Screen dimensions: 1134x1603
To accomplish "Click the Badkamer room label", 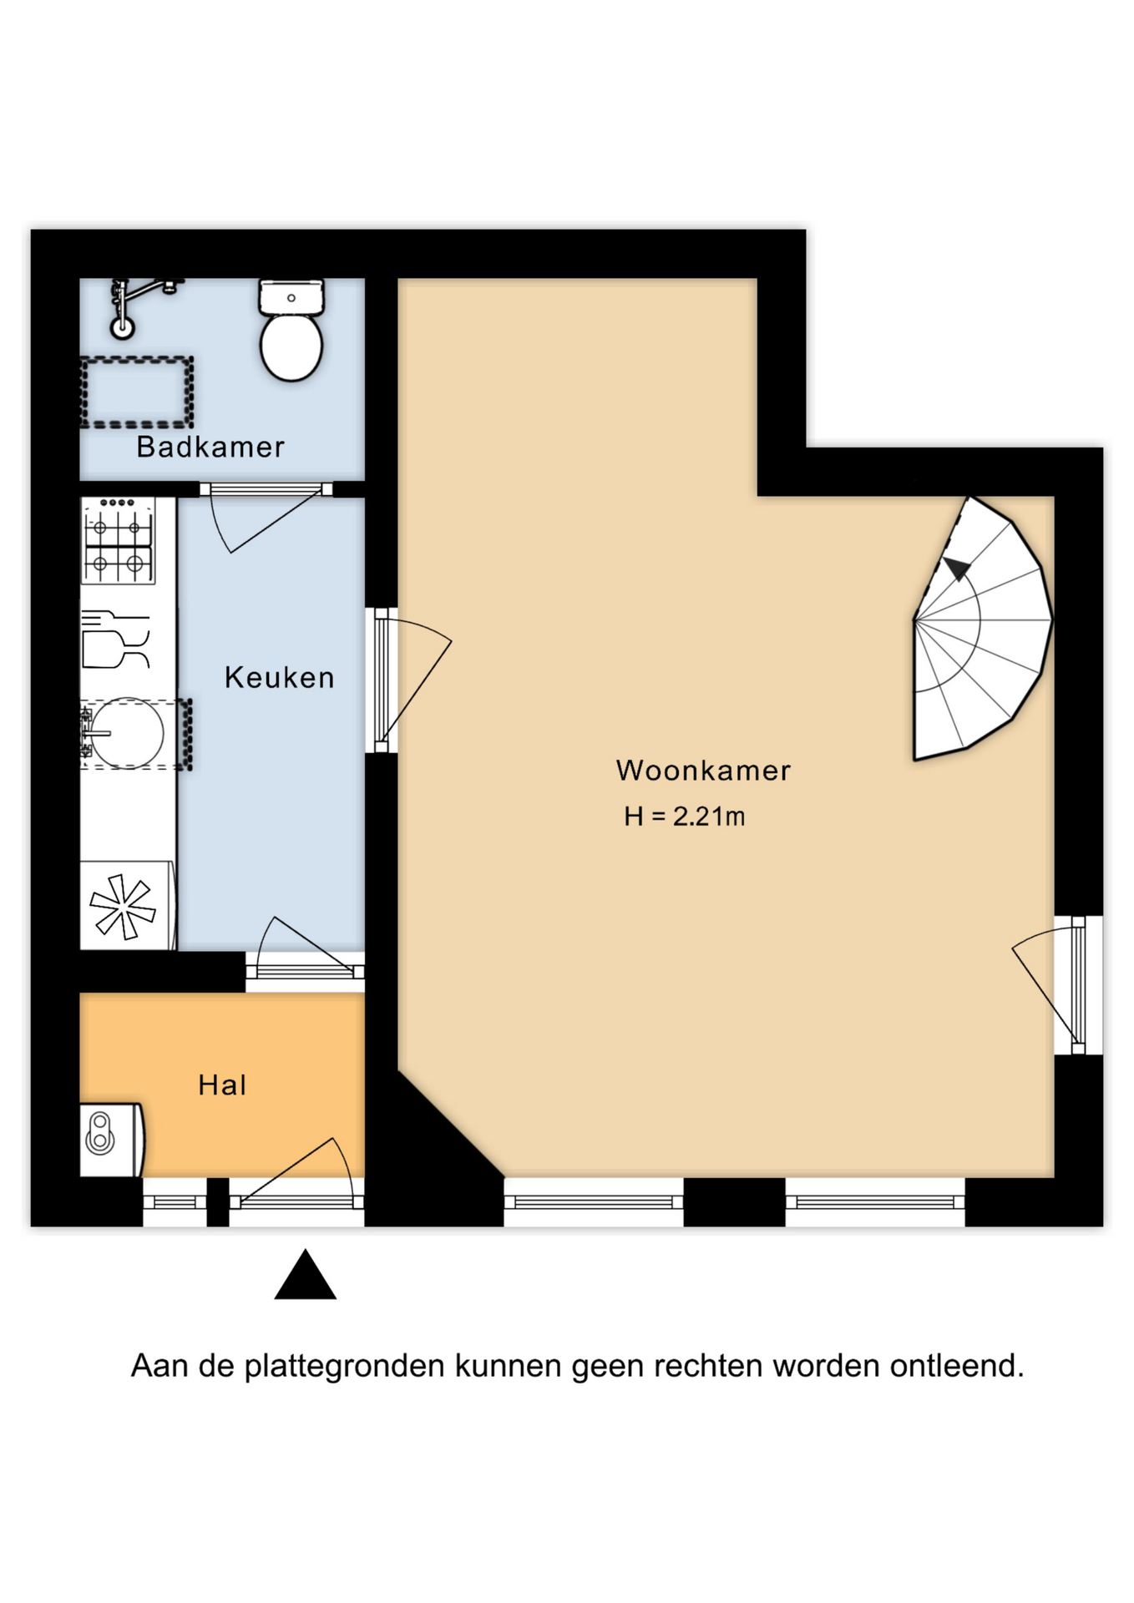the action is [210, 447].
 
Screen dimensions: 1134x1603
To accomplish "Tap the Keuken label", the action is [280, 677].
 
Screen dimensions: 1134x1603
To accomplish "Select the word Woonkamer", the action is [703, 770].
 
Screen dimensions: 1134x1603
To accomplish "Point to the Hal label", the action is [222, 1085].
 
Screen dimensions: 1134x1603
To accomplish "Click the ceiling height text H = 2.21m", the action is [685, 817].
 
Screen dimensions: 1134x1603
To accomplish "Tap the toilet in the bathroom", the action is [291, 330].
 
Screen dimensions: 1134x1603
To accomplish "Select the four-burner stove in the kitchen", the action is [119, 541].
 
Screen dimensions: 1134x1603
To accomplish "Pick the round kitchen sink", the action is [127, 733].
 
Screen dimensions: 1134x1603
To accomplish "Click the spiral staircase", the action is [982, 628].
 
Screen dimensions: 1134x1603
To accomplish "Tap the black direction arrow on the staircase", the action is [957, 569].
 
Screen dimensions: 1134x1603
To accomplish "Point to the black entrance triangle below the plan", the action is [306, 1275].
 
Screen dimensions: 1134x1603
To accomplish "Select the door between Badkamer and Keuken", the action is [266, 518].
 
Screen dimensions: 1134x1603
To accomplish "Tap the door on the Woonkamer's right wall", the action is [1056, 985].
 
